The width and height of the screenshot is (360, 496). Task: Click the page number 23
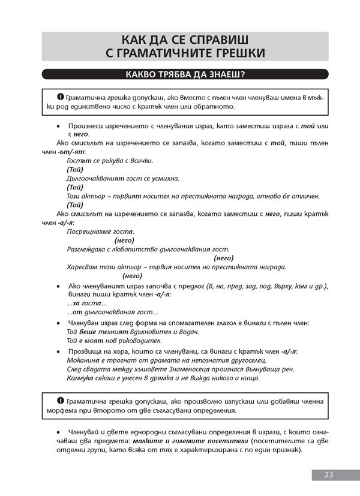pyautogui.click(x=328, y=474)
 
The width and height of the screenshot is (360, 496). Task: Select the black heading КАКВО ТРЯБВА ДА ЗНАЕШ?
pyautogui.click(x=185, y=75)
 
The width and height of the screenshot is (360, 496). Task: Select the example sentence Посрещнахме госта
pyautogui.click(x=101, y=232)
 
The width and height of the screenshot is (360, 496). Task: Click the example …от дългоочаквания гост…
pyautogui.click(x=112, y=312)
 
